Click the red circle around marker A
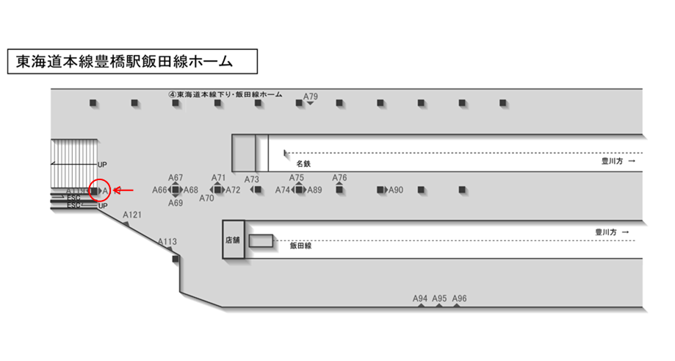click(100, 190)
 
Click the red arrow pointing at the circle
click(125, 190)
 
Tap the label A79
click(311, 96)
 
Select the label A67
click(176, 178)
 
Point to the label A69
click(176, 203)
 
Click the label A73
click(252, 179)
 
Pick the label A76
click(339, 178)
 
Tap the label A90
click(396, 190)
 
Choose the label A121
click(132, 215)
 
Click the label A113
click(167, 241)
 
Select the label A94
click(420, 299)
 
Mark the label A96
click(460, 299)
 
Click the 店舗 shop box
click(234, 240)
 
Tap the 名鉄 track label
click(303, 163)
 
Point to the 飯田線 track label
click(301, 246)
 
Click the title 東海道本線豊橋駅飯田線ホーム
click(132, 62)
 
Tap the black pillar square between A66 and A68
click(176, 190)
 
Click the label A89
click(314, 190)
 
